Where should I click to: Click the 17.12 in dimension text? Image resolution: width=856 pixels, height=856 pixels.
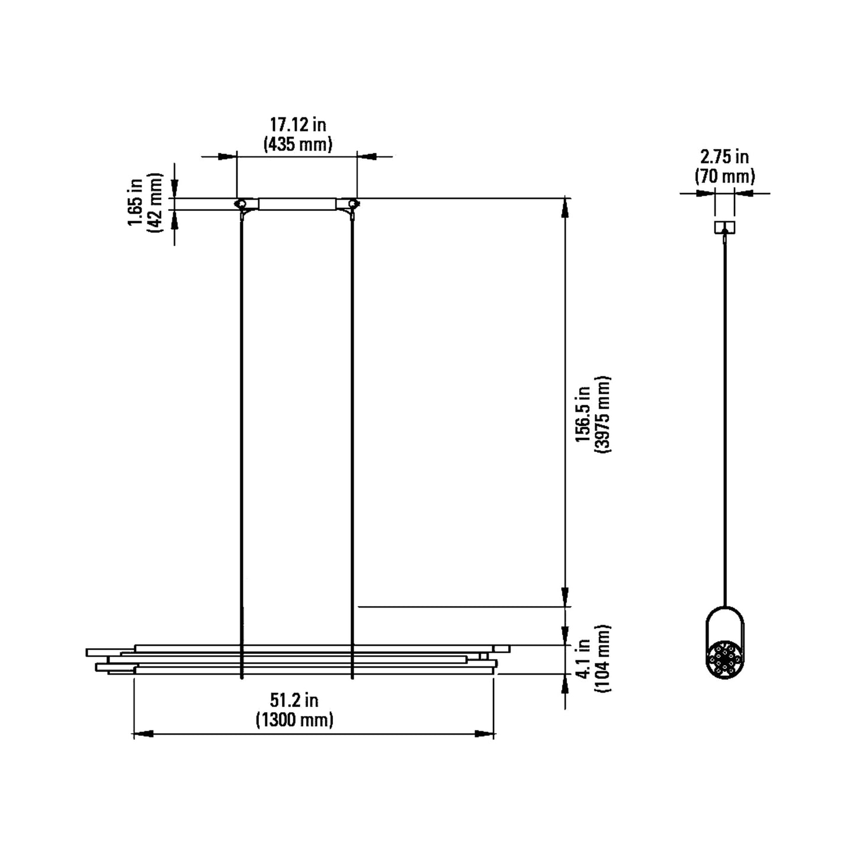click(297, 125)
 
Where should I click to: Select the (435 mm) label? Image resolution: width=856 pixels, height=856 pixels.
click(297, 144)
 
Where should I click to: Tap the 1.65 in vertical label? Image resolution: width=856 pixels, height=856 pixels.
click(136, 203)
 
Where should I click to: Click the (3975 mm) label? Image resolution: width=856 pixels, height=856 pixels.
click(604, 414)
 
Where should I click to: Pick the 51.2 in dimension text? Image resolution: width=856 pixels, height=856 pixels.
click(294, 700)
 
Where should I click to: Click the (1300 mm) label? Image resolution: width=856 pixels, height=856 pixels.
click(294, 720)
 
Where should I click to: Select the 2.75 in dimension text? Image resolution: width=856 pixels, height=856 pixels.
click(724, 157)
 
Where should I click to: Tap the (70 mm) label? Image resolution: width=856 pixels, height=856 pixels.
click(724, 176)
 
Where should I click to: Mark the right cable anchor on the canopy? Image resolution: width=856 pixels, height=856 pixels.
click(353, 204)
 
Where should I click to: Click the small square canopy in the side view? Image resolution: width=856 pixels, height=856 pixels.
click(724, 227)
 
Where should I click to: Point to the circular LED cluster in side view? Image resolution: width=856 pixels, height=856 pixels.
click(724, 659)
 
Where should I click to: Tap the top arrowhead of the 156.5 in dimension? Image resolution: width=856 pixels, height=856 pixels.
click(566, 207)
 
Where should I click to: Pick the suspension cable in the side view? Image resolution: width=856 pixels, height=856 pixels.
click(724, 415)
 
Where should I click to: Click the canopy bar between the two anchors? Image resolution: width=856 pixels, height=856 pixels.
click(297, 204)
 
